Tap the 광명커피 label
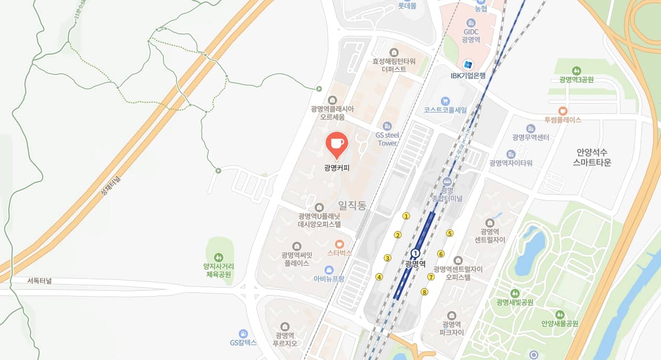tap(336, 168)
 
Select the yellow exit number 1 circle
tap(406, 216)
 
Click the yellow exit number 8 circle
tap(425, 292)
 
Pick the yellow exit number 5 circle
tap(450, 233)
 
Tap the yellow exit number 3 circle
tap(387, 258)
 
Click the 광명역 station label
tap(415, 264)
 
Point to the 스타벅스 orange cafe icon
tap(339, 243)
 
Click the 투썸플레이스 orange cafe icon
tap(563, 111)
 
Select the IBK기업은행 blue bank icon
tap(468, 65)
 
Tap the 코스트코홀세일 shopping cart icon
tap(445, 101)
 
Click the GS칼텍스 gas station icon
tap(243, 333)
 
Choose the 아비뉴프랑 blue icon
tap(329, 269)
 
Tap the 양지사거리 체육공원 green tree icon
tap(219, 257)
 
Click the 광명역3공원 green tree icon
tap(576, 70)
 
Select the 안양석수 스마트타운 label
tap(592, 157)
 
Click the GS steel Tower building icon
tap(387, 126)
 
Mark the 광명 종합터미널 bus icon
tap(447, 181)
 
